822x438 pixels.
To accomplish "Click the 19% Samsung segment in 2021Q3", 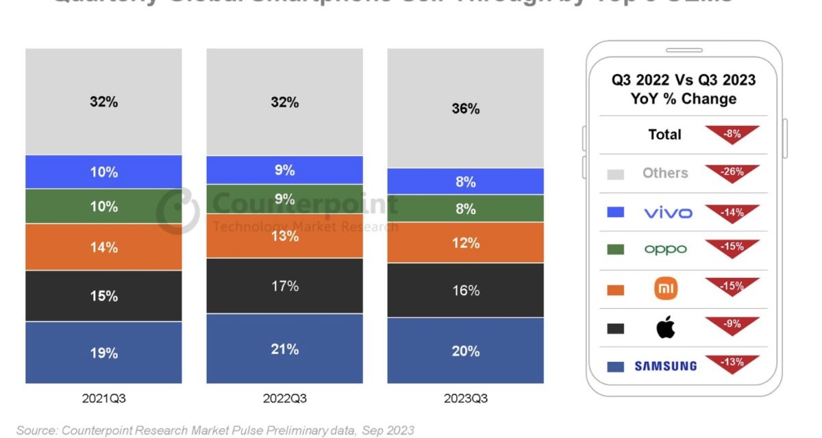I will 103,352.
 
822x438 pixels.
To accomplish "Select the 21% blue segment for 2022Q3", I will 284,348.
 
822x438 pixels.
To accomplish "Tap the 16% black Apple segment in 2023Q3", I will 465,290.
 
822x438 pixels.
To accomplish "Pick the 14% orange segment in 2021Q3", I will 103,247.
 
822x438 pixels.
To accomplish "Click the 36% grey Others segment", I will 465,108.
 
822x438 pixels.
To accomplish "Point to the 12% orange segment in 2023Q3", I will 465,242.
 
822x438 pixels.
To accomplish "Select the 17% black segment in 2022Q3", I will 284,285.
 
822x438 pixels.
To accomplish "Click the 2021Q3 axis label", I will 103,398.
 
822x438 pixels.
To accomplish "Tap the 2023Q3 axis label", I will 465,398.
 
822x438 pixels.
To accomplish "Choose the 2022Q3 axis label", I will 284,398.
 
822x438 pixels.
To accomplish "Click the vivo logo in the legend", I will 668,212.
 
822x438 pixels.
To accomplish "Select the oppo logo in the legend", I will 665,250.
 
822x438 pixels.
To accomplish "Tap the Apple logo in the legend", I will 665,328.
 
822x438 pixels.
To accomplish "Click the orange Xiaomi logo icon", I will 666,289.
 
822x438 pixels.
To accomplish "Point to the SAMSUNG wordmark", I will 665,366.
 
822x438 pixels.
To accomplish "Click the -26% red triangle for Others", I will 732,172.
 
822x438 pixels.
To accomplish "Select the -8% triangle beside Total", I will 732,133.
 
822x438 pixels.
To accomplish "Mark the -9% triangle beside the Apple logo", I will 732,325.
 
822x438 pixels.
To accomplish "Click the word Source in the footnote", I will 36,430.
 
